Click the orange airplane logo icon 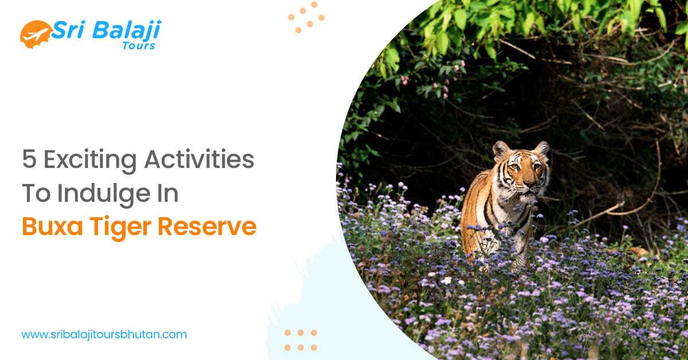pos(34,34)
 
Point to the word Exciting pos(90,160)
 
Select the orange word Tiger pos(119,227)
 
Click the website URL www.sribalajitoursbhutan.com pos(104,334)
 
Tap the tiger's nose pos(528,184)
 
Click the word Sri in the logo pos(67,30)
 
